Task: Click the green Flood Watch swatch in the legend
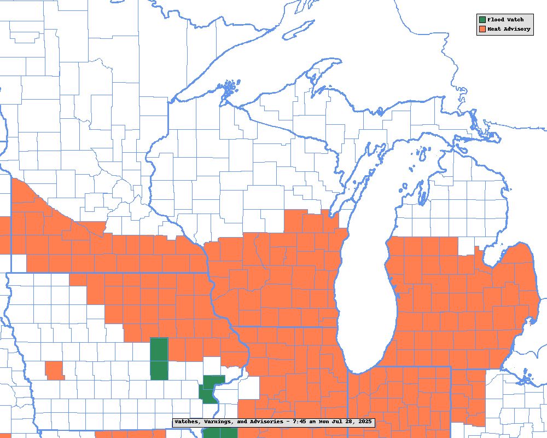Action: tap(481, 20)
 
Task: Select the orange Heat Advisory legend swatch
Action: tap(481, 29)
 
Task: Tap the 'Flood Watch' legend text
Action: tap(505, 20)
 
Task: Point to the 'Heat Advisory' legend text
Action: tap(509, 29)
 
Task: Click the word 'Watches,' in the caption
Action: tap(189, 422)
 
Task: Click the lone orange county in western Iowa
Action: tap(54, 370)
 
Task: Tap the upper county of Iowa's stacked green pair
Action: tap(159, 349)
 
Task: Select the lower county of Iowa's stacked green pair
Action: tap(159, 370)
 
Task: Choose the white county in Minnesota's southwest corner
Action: tap(18, 263)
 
